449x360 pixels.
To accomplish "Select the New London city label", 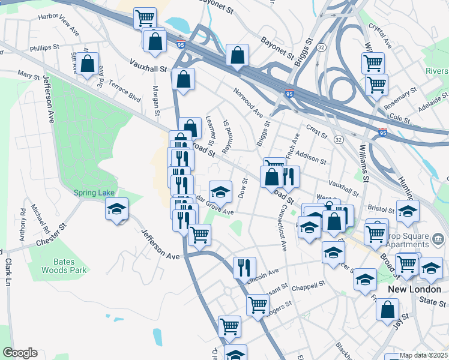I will [411, 289].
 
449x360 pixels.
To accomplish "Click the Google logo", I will [20, 353].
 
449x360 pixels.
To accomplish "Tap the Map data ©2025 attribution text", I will [424, 355].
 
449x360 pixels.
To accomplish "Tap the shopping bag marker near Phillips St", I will [88, 65].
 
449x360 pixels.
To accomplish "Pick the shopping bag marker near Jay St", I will [388, 310].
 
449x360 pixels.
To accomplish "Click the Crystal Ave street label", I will [381, 36].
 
